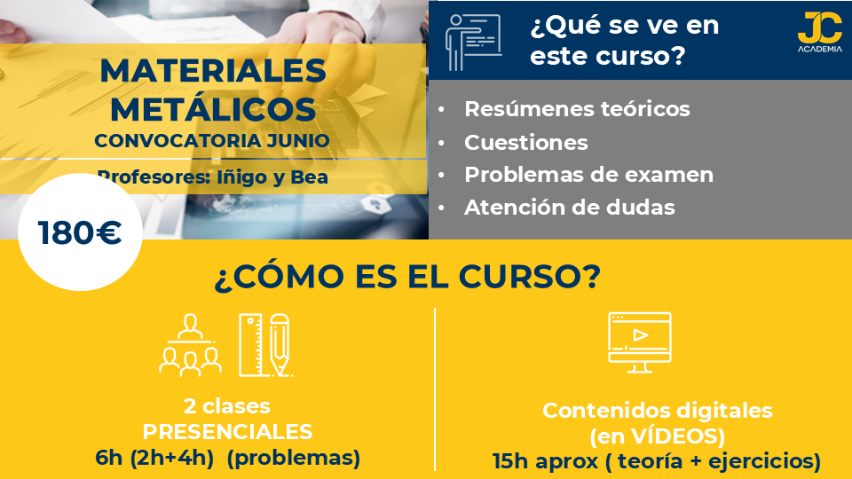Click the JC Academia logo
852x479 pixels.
point(819,32)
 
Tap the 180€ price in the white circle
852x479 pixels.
point(80,232)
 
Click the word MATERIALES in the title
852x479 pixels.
point(213,71)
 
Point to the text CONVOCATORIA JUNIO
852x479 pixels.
point(212,141)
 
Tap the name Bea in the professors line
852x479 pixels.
point(309,177)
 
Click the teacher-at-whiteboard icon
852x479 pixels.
point(473,43)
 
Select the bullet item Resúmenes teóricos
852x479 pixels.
point(577,108)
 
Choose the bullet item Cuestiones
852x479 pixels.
point(526,142)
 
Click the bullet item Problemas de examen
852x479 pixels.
point(589,175)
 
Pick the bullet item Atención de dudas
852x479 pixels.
point(570,208)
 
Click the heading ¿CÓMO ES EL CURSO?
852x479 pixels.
point(407,277)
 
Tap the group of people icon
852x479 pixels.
point(190,345)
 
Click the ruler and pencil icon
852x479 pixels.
point(265,345)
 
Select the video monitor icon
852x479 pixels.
point(640,342)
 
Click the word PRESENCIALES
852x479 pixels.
point(227,432)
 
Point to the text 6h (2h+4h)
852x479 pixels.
point(154,458)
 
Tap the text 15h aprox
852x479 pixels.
point(546,461)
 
